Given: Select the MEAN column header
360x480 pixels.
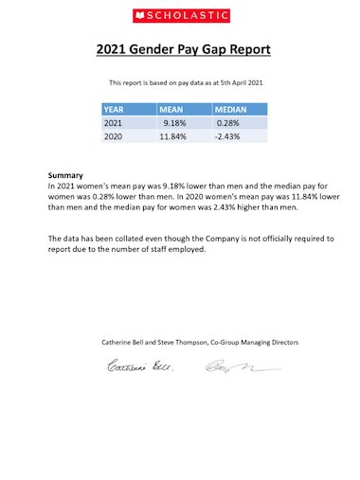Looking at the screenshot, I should [x=171, y=110].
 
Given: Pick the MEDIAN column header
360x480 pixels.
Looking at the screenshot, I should [x=225, y=110].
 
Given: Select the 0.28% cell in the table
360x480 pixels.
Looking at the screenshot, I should [x=227, y=124].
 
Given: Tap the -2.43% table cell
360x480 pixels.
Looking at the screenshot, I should [x=227, y=138].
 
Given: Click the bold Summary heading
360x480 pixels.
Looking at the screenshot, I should [x=65, y=176].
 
